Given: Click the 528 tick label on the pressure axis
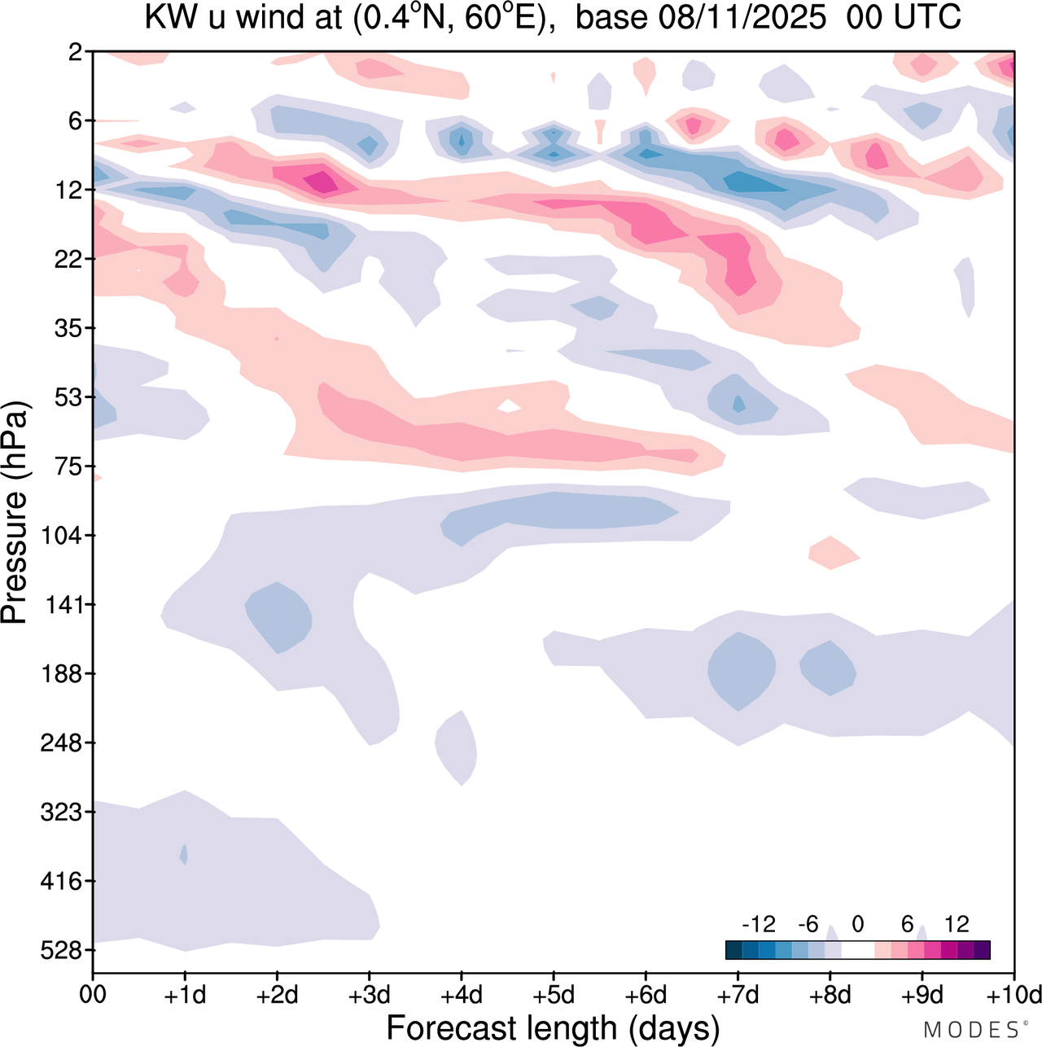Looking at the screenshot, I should [62, 950].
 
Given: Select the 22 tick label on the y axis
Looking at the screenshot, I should [68, 259].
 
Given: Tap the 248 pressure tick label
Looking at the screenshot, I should [62, 743].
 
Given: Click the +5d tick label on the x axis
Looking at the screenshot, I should [554, 995].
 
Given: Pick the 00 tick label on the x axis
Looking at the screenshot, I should [93, 995].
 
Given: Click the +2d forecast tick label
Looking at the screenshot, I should [277, 995].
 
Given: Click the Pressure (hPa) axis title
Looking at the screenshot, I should [15, 513].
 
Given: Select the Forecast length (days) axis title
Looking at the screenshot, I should [553, 1027].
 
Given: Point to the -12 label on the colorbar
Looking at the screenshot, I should [759, 924].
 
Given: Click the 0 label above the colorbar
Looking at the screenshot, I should [857, 924].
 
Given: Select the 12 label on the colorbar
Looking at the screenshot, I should [957, 924].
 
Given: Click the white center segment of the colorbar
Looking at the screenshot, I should [857, 949].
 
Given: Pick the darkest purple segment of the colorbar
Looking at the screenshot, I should [982, 949].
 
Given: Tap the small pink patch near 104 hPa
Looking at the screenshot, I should [834, 553].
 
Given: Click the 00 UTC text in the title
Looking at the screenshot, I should [904, 16].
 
